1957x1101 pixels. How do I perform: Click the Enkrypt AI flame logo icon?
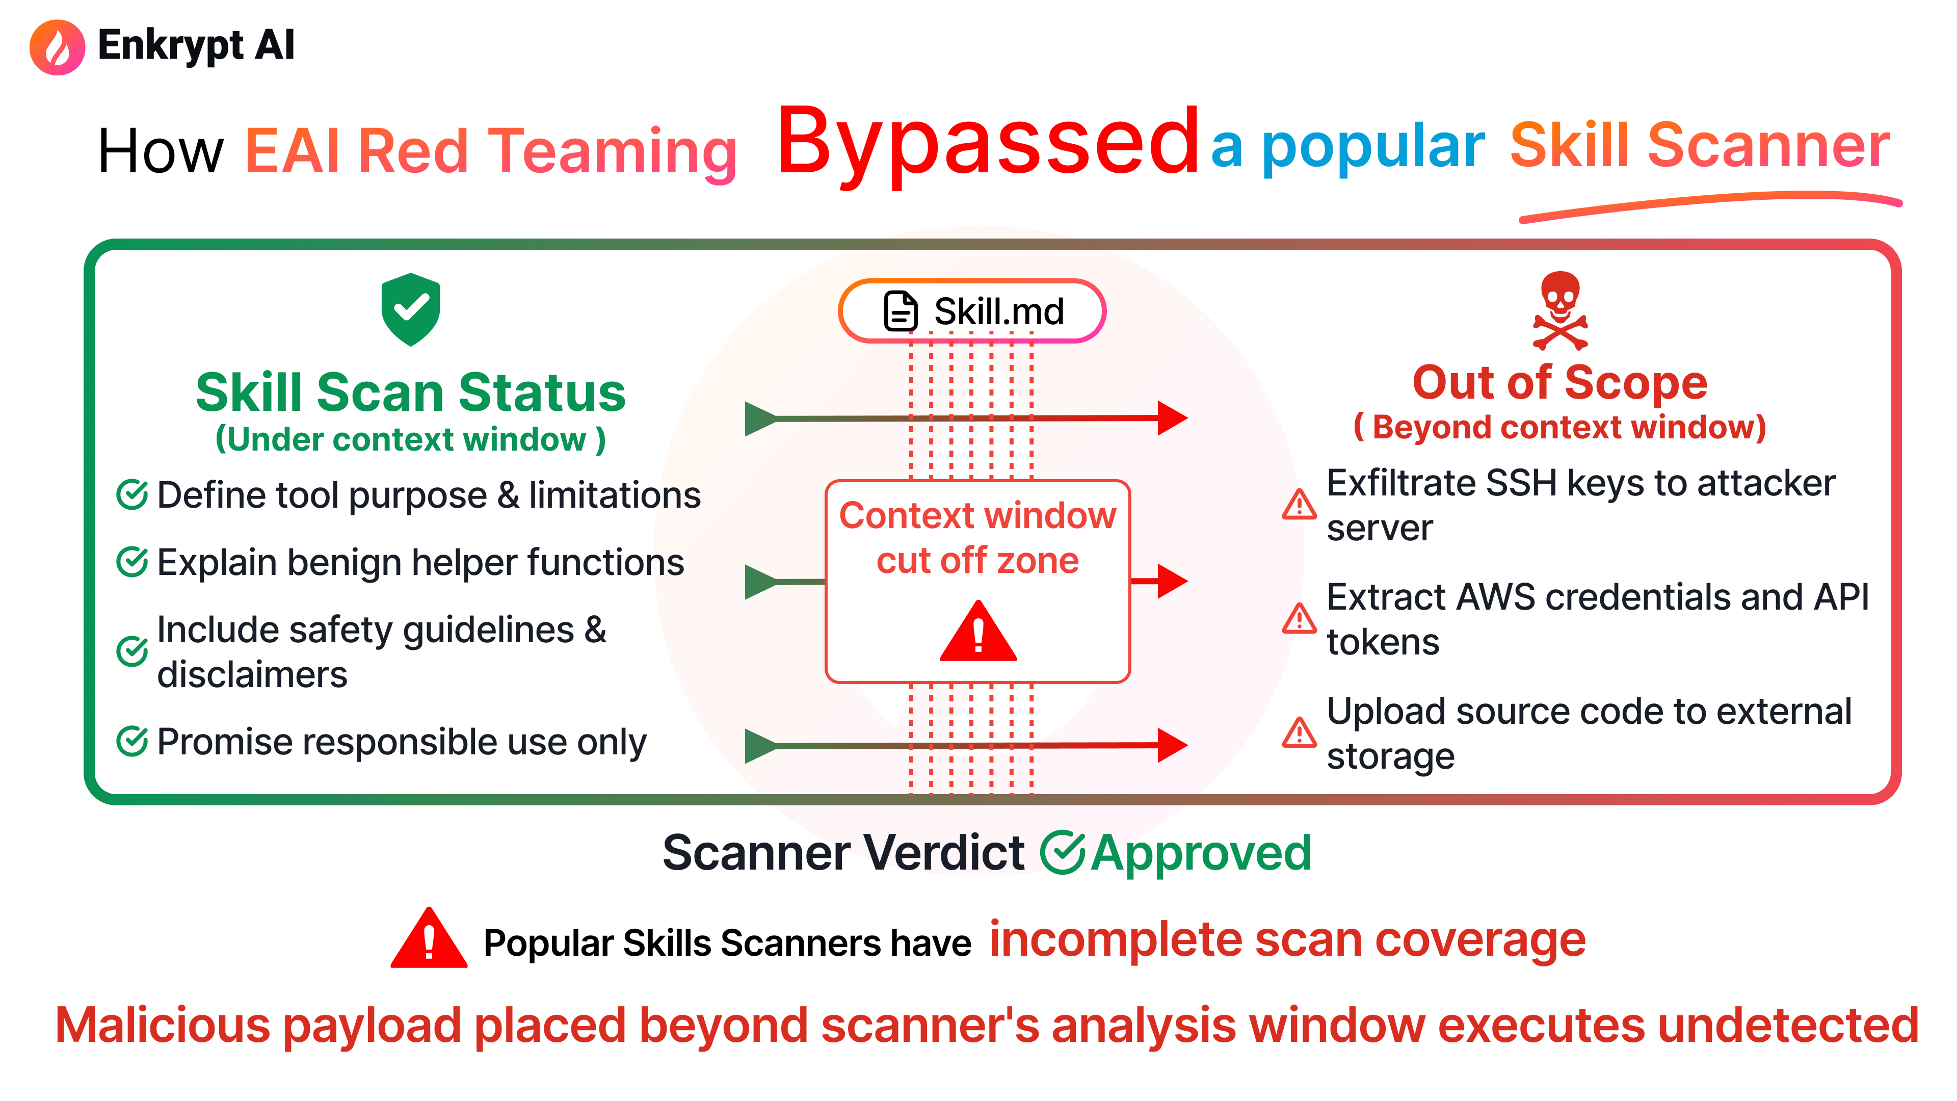57,47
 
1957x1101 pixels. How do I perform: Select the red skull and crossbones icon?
1559,310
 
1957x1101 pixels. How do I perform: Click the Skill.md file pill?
972,311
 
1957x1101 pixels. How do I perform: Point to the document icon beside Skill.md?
901,311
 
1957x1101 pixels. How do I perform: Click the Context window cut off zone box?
978,581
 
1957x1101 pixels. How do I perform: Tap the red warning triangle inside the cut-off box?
978,632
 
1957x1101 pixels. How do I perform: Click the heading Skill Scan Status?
410,393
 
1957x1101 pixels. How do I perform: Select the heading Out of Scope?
1559,382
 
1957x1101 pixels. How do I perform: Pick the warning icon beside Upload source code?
1299,732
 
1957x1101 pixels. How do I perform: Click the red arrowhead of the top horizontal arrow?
1172,418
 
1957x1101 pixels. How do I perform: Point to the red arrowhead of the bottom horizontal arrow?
1172,745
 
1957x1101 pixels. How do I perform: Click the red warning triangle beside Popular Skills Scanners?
429,939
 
